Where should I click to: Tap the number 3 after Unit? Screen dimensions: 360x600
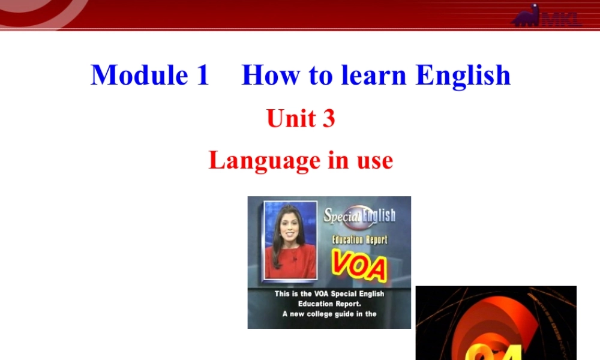(328, 118)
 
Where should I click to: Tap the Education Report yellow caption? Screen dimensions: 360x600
(360, 239)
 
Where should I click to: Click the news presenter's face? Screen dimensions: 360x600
(290, 226)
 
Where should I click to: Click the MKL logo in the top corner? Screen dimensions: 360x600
(547, 17)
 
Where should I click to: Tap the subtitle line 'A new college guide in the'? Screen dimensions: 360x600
(329, 314)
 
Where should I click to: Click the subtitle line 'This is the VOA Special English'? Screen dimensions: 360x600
(329, 294)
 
